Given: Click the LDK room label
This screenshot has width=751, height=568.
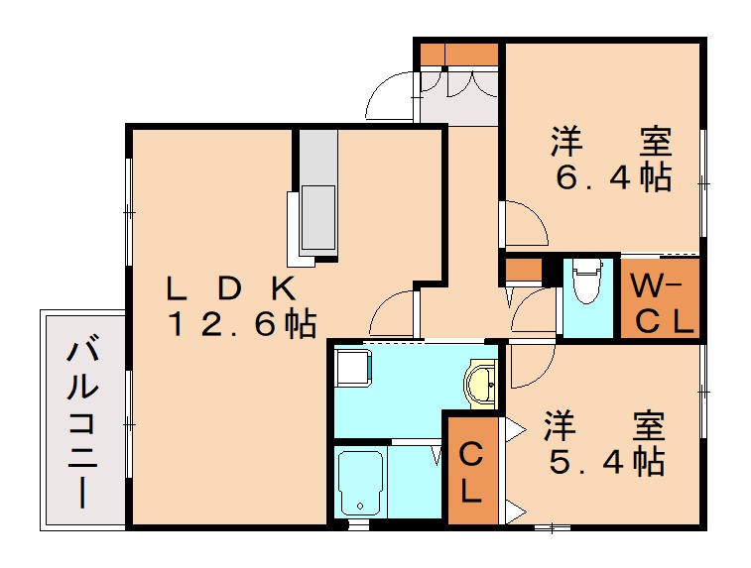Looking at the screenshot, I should pyautogui.click(x=231, y=288).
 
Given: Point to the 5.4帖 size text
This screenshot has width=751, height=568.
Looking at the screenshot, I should pyautogui.click(x=604, y=461).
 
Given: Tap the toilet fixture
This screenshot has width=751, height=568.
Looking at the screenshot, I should pyautogui.click(x=587, y=284).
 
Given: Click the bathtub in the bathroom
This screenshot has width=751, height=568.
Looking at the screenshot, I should pyautogui.click(x=358, y=482).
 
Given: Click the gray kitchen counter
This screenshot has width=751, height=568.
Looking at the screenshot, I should pyautogui.click(x=318, y=193).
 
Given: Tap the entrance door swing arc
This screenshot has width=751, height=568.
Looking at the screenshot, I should pyautogui.click(x=389, y=97).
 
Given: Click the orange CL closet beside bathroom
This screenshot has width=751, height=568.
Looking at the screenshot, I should pyautogui.click(x=472, y=471).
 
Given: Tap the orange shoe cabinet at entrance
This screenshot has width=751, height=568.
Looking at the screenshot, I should pyautogui.click(x=457, y=54).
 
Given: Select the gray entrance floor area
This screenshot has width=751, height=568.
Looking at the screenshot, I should pyautogui.click(x=457, y=99).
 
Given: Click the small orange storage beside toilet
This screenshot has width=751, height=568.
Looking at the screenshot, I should pyautogui.click(x=522, y=270).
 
